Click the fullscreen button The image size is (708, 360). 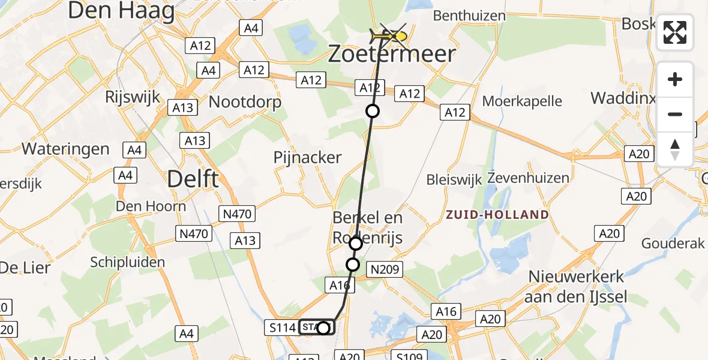click(675, 32)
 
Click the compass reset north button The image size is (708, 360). click(675, 149)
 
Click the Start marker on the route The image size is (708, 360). click(316, 328)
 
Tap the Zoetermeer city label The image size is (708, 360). click(392, 55)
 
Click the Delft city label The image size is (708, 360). click(193, 179)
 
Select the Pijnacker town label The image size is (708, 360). click(307, 158)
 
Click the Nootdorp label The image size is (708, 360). click(245, 102)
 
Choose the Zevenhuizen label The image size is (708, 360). click(528, 178)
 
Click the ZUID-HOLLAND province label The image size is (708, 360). click(497, 214)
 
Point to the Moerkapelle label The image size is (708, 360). click(522, 100)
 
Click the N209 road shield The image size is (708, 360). click(385, 269)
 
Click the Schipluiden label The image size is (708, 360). click(127, 262)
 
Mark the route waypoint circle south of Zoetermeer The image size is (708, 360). click(373, 111)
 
